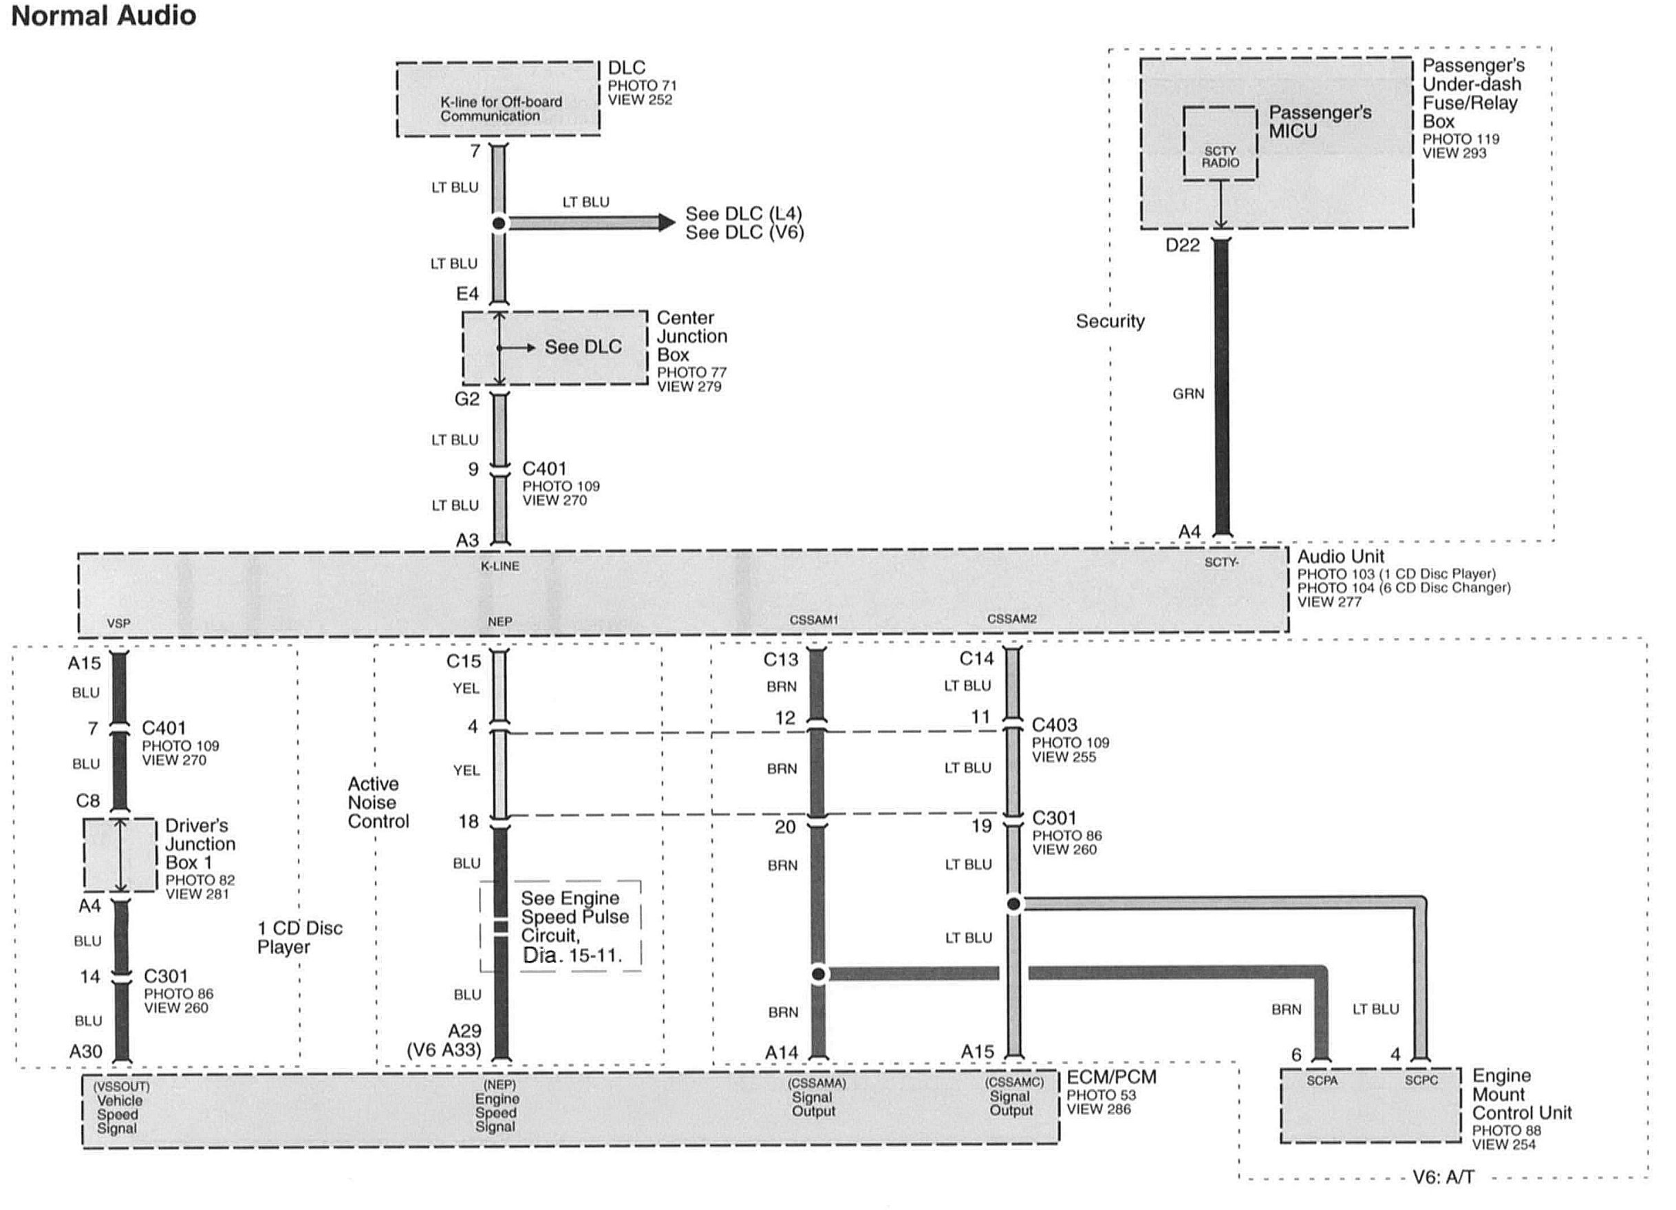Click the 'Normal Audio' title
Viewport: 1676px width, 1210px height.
[103, 16]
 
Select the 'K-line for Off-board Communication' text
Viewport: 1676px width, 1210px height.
[500, 109]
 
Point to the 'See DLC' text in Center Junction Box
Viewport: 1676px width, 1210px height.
[582, 347]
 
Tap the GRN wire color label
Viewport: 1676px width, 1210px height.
[1188, 394]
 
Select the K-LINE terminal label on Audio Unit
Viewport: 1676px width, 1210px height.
[499, 566]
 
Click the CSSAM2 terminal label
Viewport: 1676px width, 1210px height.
[1011, 619]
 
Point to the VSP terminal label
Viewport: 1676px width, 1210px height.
[118, 623]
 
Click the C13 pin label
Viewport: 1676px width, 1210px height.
[780, 659]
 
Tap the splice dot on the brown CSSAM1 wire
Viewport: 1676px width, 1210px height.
[818, 974]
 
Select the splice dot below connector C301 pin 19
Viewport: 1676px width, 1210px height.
[1014, 903]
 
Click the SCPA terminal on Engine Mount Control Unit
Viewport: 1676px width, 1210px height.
[1321, 1081]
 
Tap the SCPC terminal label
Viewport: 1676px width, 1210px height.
[1421, 1081]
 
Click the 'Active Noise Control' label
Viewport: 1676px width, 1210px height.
[378, 803]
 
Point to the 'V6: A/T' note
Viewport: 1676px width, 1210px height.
[1443, 1177]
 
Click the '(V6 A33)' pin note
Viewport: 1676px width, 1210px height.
[443, 1050]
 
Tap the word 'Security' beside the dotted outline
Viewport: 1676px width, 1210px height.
[1109, 321]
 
